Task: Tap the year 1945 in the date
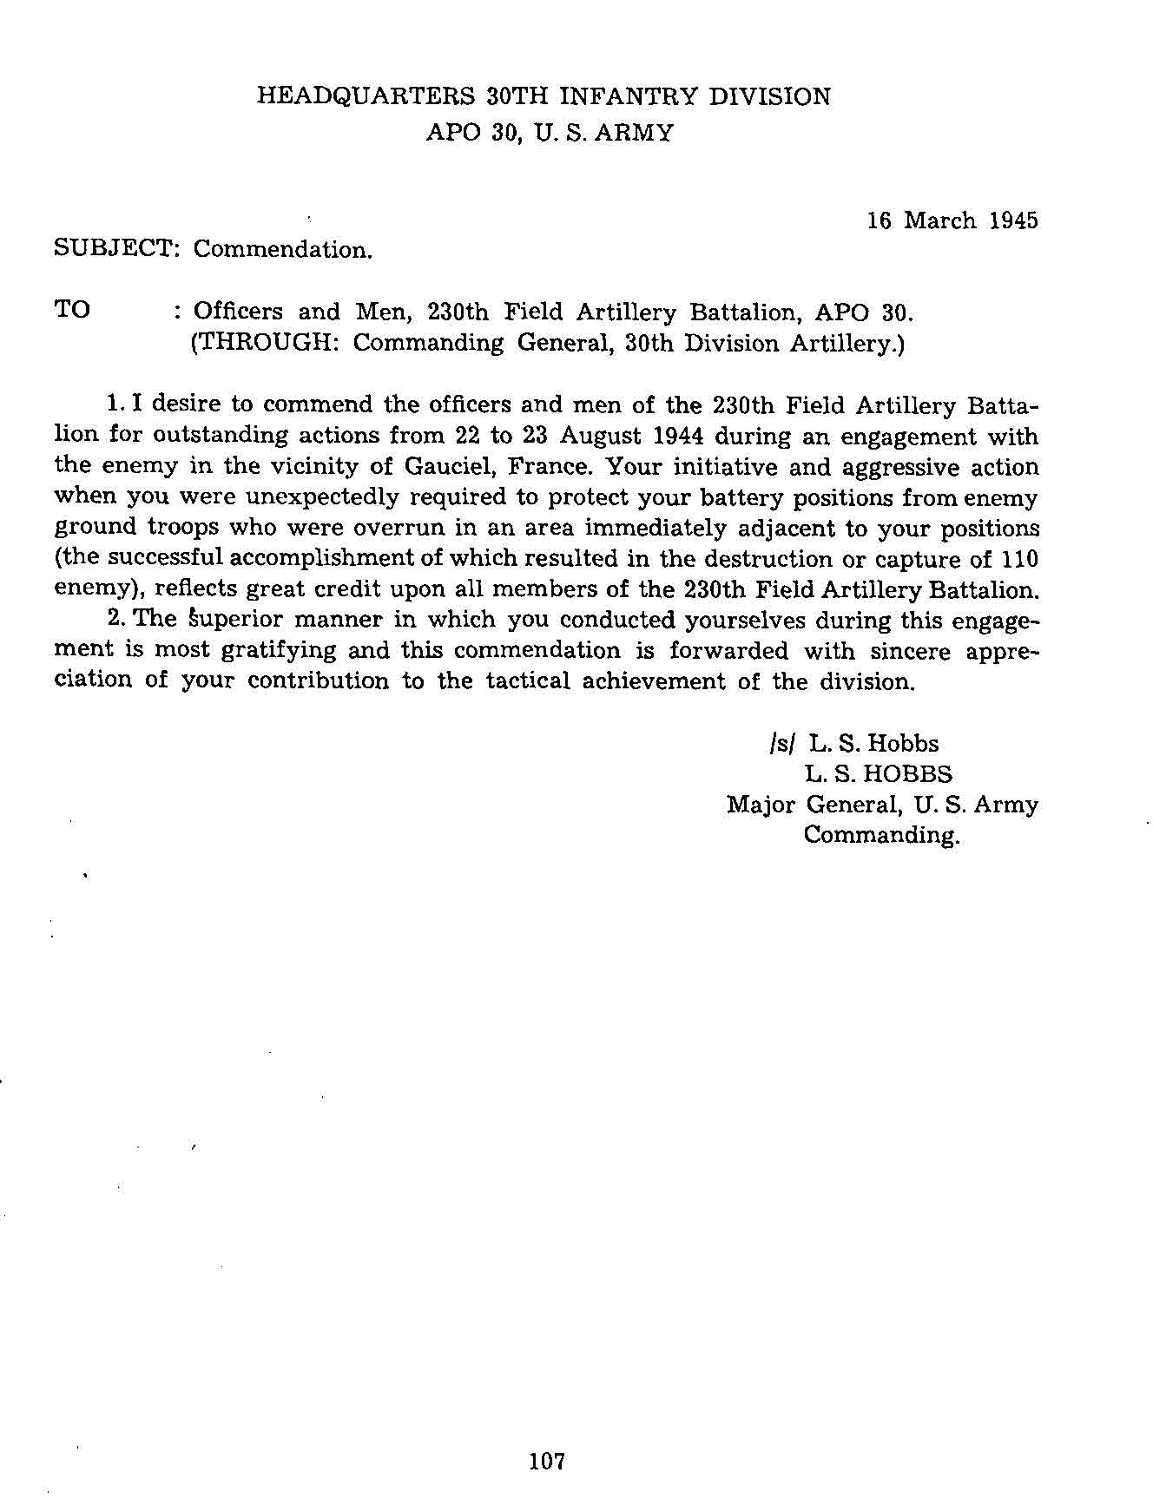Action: tap(1013, 220)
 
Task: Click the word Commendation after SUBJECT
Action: tap(282, 250)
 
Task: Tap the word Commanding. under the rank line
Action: tap(881, 836)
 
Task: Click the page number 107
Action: tap(547, 1461)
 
